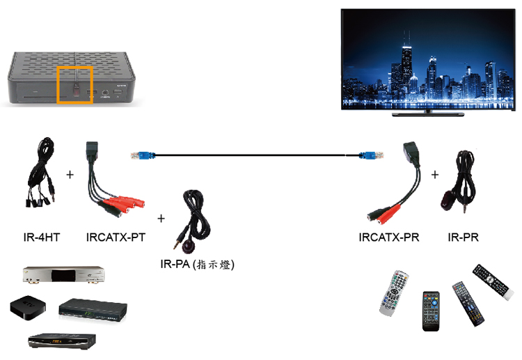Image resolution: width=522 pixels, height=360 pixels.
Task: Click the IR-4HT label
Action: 42,237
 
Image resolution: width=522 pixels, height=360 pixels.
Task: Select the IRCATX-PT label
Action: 116,237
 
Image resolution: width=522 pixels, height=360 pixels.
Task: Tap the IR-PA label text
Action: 175,264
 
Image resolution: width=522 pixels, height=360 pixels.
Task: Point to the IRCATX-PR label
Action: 389,237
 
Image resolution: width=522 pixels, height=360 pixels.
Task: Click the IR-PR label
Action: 463,237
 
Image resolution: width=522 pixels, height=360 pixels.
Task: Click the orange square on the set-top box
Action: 74,84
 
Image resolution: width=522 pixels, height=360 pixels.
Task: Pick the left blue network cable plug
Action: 143,155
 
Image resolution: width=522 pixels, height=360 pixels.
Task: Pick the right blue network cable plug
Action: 371,155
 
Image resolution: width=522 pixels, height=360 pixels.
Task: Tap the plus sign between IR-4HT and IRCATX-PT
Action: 70,175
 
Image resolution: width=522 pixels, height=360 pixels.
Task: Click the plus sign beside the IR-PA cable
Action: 161,219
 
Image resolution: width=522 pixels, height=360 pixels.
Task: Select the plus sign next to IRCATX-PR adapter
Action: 435,175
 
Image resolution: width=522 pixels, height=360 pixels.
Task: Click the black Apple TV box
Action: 28,307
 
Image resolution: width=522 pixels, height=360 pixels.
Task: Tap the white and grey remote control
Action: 394,293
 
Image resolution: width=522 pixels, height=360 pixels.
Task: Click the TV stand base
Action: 428,114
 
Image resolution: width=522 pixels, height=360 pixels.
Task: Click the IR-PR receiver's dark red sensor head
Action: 446,201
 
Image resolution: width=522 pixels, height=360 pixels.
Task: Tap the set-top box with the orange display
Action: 62,341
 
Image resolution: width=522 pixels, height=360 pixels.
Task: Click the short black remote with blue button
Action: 431,311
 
